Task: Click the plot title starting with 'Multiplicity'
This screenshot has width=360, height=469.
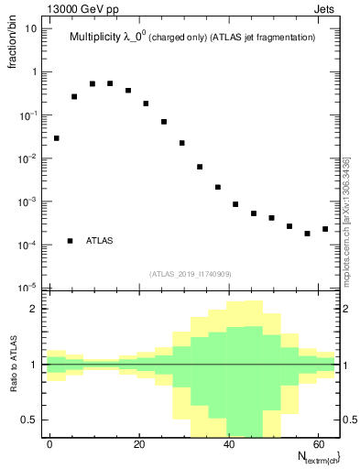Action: (x=192, y=38)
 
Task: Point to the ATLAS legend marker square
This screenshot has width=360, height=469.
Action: (x=71, y=241)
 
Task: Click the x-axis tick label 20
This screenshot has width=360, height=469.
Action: (x=139, y=444)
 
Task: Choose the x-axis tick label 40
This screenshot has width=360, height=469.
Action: (x=228, y=444)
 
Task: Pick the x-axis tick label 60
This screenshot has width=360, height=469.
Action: (x=317, y=444)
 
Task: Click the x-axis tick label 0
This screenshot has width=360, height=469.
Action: (x=50, y=444)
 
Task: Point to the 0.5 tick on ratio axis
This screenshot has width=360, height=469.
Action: (x=29, y=420)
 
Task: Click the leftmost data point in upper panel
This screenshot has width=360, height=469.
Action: (x=56, y=138)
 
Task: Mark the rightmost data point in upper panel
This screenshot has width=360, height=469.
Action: (x=325, y=229)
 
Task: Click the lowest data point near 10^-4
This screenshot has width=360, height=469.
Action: (x=308, y=234)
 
